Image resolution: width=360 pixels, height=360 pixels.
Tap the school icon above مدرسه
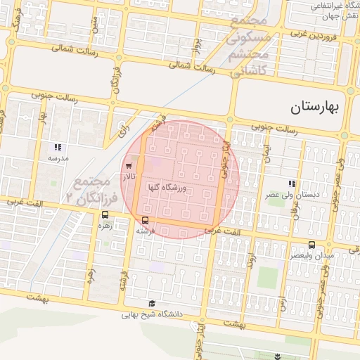[58, 148]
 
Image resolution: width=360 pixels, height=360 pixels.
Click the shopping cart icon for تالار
[128, 167]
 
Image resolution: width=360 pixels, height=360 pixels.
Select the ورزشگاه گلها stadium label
[168, 188]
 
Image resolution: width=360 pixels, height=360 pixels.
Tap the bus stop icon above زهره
[105, 215]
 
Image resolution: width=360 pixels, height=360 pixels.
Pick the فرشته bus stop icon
[145, 220]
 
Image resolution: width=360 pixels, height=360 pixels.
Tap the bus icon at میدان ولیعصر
[311, 244]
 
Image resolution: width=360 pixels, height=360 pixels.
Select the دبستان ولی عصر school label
[287, 193]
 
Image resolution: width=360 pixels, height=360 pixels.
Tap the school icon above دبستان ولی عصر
[291, 184]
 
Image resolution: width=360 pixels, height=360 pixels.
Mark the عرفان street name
[295, 208]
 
